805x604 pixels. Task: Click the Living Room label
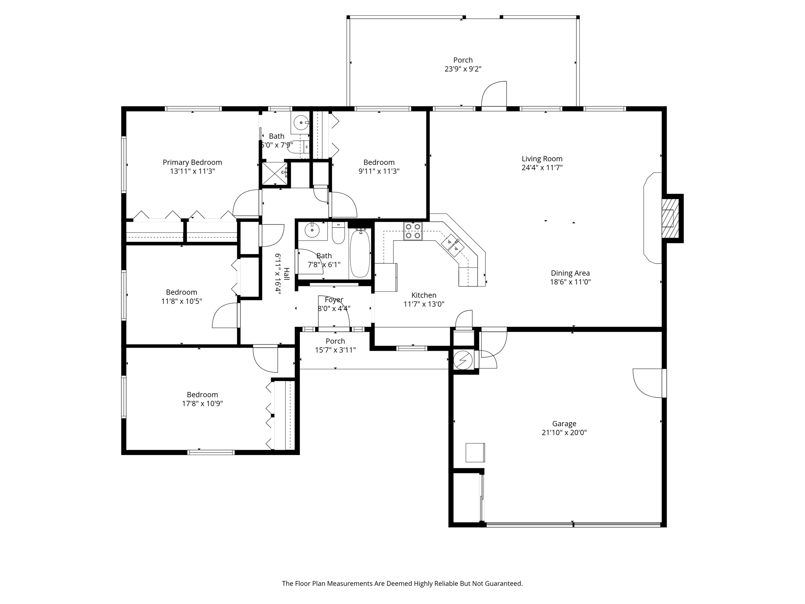point(542,159)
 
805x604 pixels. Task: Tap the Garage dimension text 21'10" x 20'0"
point(564,433)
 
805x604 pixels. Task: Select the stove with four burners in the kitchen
point(413,231)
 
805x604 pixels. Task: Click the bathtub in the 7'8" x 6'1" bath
point(360,254)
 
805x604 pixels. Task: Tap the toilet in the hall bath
point(338,233)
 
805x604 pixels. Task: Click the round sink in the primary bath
point(301,122)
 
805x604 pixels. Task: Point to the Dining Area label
point(570,273)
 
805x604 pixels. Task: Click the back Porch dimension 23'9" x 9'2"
point(463,69)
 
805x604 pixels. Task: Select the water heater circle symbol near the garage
point(463,359)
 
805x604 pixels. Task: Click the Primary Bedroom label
point(192,162)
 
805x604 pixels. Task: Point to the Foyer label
point(334,300)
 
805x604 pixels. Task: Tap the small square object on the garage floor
point(475,452)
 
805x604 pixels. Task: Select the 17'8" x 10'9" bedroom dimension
point(202,403)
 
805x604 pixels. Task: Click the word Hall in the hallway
point(287,274)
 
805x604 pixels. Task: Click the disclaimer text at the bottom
point(402,584)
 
